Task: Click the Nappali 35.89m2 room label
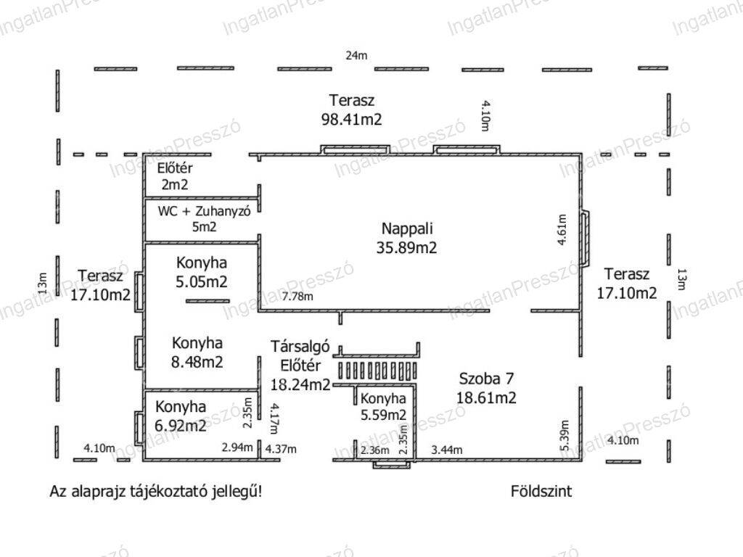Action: (407, 238)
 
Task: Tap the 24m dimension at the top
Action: (356, 55)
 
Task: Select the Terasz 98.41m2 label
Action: (352, 110)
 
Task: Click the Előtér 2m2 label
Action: (175, 176)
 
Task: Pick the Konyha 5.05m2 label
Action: (202, 273)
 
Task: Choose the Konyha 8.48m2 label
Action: (197, 352)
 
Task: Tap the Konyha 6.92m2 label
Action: (181, 416)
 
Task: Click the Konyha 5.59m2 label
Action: (383, 407)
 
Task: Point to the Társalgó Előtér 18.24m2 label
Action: (300, 366)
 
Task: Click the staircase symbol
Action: (377, 370)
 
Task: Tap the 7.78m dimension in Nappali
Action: (297, 297)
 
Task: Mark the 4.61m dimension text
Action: (562, 230)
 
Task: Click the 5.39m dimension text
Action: (565, 436)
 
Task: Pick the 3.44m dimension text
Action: (447, 450)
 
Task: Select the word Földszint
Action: (541, 491)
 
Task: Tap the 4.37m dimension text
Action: (281, 448)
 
